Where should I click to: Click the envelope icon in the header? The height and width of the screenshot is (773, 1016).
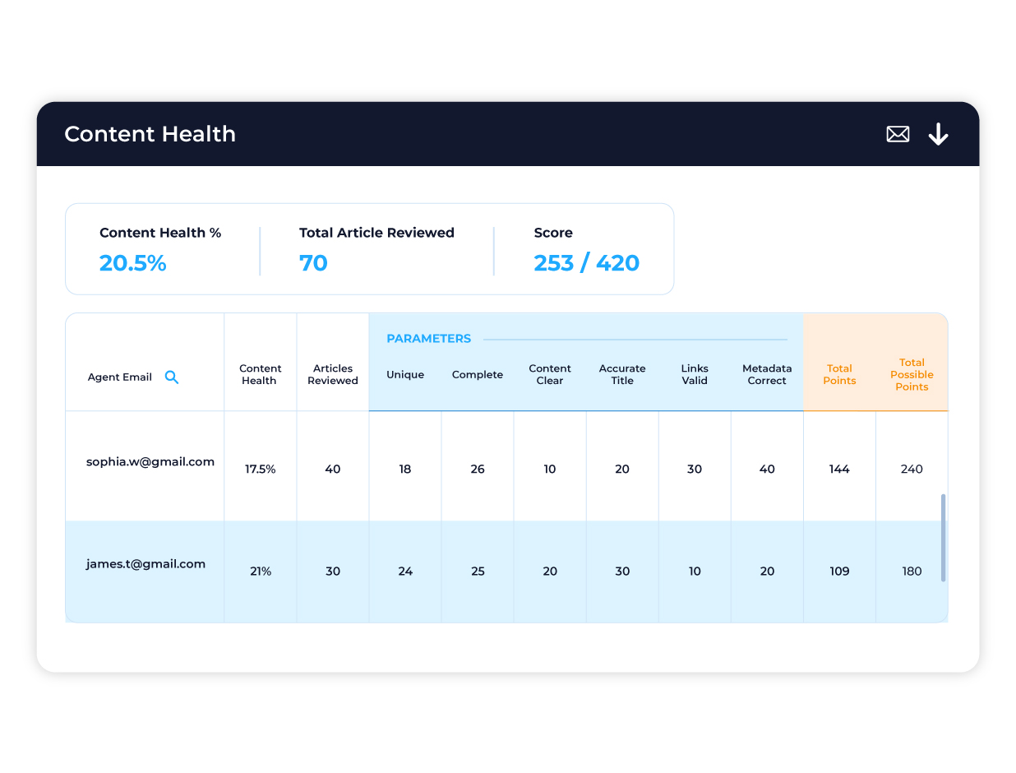click(x=898, y=134)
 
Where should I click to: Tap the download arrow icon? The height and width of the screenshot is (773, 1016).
click(x=938, y=134)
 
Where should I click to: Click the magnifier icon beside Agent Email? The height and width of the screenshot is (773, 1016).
click(x=172, y=377)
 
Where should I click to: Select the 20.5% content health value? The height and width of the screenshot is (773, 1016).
click(x=132, y=263)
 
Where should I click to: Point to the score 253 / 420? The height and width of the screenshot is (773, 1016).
click(x=586, y=263)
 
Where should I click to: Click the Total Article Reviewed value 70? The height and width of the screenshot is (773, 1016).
click(x=313, y=263)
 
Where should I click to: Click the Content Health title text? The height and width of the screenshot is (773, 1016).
click(x=150, y=134)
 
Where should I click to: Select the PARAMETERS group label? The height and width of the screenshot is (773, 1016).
click(x=428, y=339)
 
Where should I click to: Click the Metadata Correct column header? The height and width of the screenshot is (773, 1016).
click(x=767, y=374)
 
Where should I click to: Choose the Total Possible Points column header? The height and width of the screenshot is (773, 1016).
click(x=912, y=374)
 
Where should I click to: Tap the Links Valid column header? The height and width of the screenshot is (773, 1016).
click(x=695, y=374)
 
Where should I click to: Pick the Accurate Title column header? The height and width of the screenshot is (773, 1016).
click(x=622, y=374)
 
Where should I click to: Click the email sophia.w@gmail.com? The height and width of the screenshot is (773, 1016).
click(x=150, y=462)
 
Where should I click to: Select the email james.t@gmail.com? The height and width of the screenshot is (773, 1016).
click(x=145, y=564)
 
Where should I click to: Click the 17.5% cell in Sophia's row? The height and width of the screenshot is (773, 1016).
click(x=260, y=470)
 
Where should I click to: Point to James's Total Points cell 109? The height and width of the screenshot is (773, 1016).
click(x=839, y=572)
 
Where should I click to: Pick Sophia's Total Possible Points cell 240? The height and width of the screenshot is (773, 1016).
click(x=912, y=470)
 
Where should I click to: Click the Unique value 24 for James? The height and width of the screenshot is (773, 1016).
click(x=405, y=572)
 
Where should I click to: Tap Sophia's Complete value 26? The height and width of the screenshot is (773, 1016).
click(x=478, y=470)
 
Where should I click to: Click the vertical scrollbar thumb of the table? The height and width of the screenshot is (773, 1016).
click(x=943, y=538)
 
